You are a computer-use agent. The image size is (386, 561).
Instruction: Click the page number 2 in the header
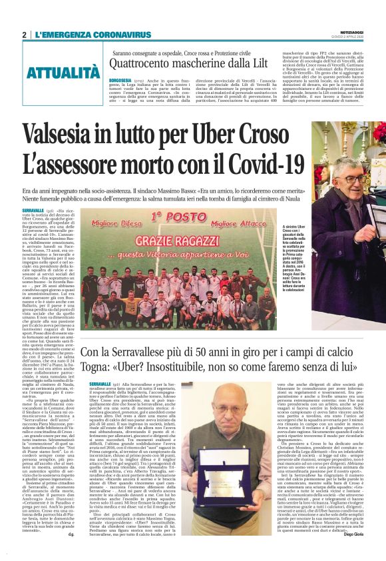tap(24, 35)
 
